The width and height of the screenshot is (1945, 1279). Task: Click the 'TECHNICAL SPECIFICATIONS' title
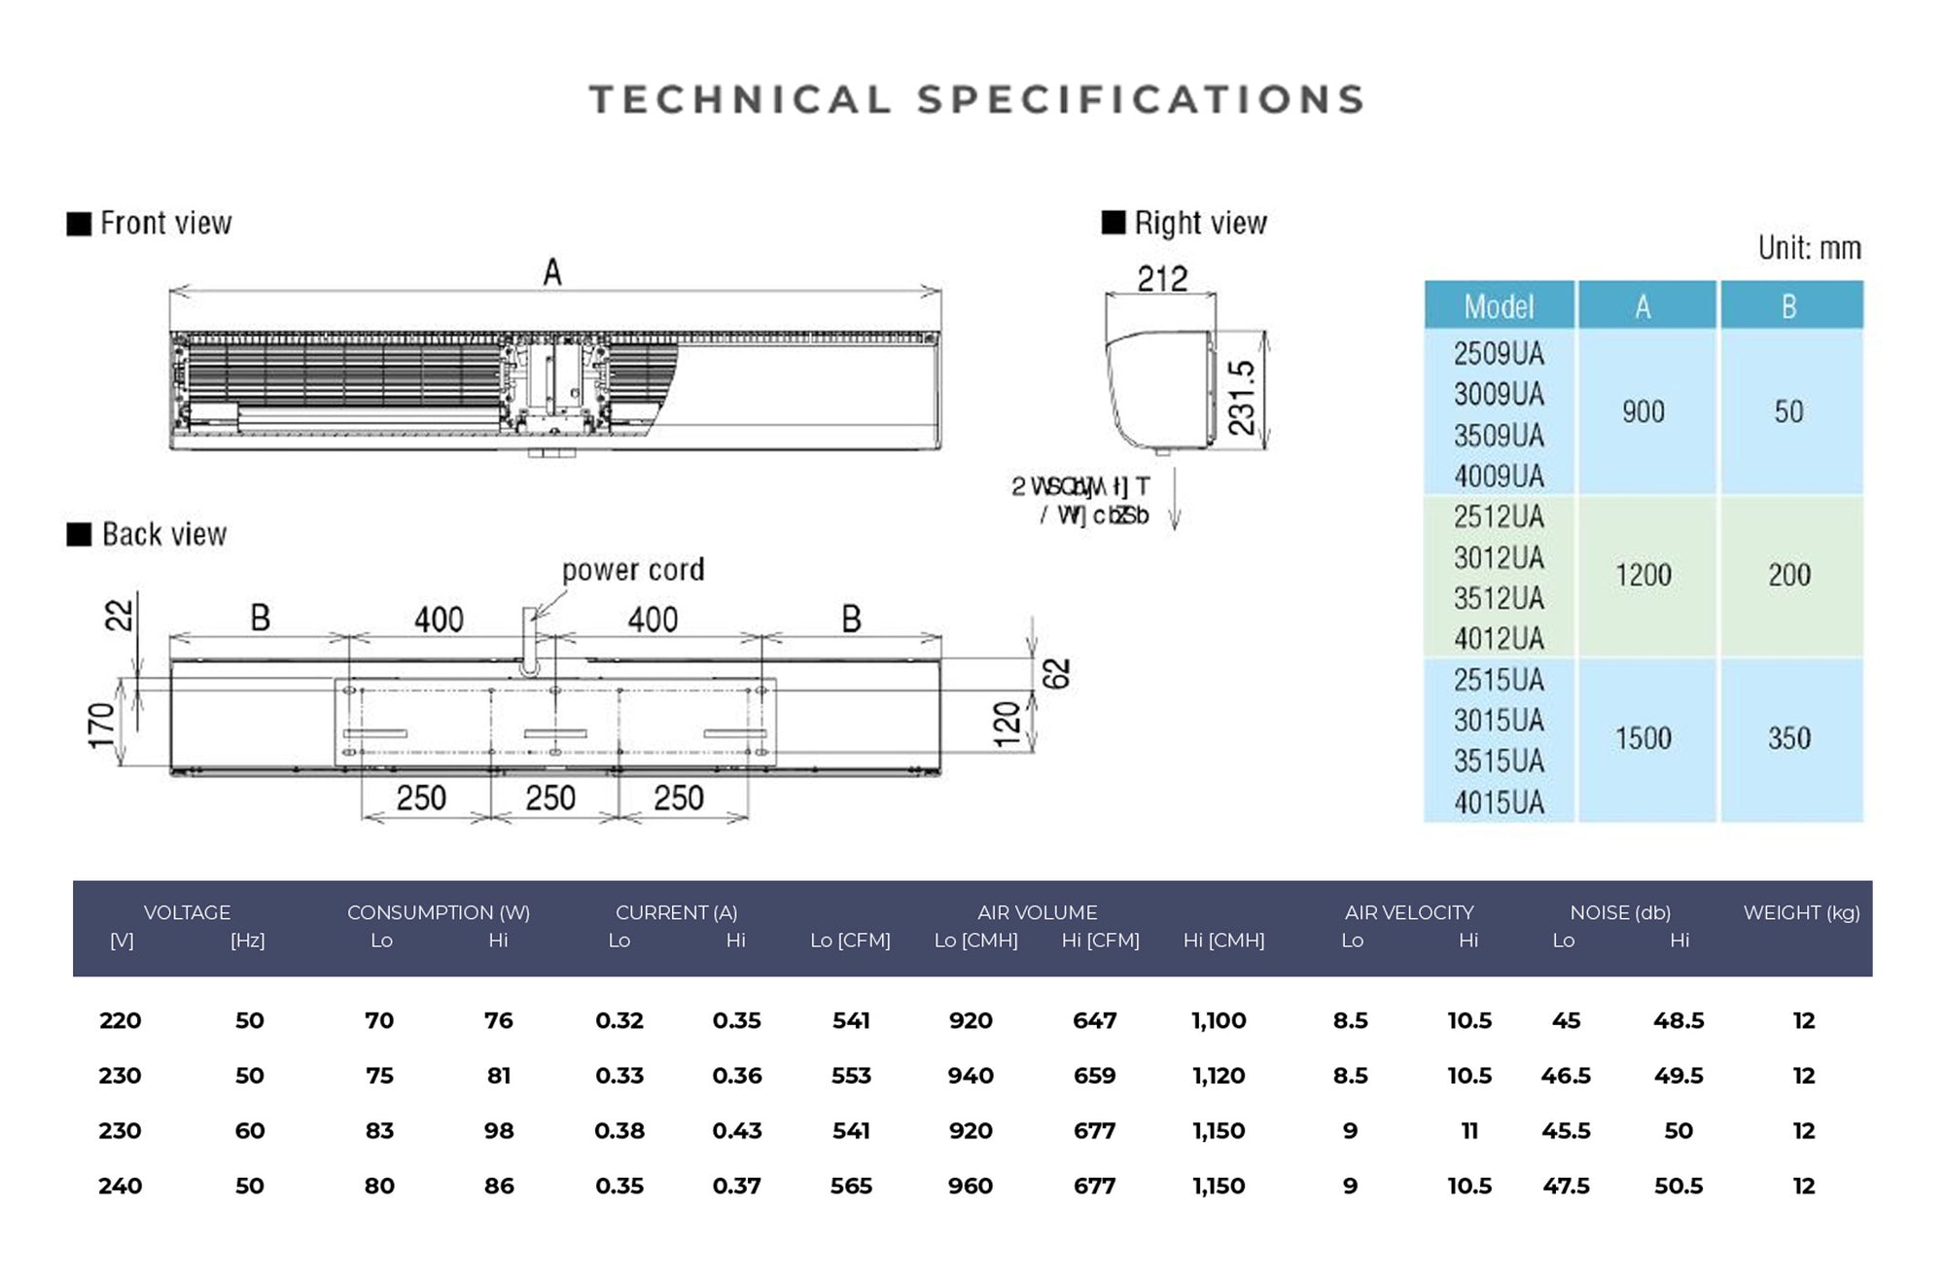[976, 100]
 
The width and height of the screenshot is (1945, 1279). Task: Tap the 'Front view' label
[165, 224]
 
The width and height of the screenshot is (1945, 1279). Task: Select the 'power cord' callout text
[632, 570]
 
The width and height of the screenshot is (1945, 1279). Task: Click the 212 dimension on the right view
[1162, 279]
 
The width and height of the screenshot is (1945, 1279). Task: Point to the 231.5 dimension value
[1242, 397]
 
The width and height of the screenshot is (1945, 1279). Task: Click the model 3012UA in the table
[1499, 558]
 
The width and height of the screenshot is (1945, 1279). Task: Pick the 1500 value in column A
[1643, 738]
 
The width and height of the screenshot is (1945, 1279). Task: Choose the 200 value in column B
[1788, 575]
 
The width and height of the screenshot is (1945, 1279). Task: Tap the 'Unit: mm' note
[1809, 248]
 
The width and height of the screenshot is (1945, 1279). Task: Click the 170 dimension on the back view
[101, 726]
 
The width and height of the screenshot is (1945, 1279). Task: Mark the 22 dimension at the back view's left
[119, 615]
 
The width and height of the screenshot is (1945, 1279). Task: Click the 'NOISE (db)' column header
[1619, 912]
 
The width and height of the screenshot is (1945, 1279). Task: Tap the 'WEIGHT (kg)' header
[1801, 912]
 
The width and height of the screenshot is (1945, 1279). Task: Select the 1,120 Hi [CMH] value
[1219, 1076]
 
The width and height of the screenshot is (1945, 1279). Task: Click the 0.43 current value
[736, 1131]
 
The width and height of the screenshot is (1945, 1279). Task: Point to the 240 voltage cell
[120, 1187]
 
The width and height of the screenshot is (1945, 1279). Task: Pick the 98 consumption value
[498, 1131]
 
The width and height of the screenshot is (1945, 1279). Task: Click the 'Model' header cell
[1499, 306]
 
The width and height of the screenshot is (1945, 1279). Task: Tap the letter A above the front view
[552, 272]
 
